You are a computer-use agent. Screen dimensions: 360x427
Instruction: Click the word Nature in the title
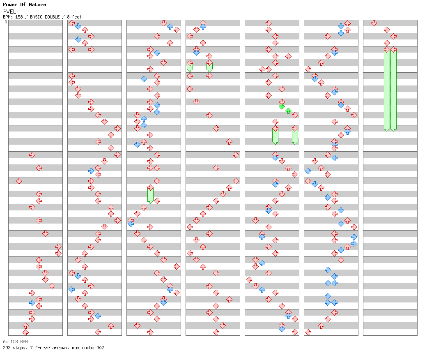point(37,5)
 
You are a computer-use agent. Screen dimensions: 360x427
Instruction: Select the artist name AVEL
point(9,12)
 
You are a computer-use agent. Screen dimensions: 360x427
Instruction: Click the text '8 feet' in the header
point(75,17)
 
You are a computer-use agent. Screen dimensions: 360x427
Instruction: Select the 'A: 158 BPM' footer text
point(15,342)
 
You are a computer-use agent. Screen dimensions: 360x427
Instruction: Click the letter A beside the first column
point(6,22)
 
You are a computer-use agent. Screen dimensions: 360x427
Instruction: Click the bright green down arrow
point(282,106)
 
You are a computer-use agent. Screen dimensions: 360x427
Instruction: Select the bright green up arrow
point(288,111)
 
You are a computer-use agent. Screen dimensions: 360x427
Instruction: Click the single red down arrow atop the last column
point(374,23)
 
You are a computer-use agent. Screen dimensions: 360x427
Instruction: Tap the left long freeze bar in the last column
point(387,89)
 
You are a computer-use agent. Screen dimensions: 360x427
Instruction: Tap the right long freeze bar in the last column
point(393,89)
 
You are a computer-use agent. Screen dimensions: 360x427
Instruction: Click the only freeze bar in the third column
point(150,194)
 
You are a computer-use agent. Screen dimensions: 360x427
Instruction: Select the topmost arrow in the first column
point(32,155)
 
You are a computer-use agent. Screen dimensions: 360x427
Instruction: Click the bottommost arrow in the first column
point(25,332)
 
